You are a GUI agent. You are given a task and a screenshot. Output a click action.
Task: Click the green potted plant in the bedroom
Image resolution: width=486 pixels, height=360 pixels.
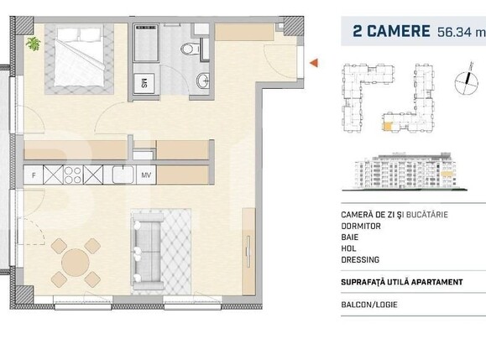coord(34,43)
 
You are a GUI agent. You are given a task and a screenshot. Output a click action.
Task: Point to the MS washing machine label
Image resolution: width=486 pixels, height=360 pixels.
coord(144,82)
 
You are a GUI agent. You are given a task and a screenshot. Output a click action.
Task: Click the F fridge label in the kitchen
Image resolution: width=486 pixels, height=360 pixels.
coord(33,175)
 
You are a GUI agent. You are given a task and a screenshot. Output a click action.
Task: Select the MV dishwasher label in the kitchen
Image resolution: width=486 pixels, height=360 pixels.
coord(144,175)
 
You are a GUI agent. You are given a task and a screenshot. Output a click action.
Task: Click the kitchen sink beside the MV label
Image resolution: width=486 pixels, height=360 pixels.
coord(121,175)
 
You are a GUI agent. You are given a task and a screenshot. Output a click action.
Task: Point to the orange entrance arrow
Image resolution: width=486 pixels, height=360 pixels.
coord(314,63)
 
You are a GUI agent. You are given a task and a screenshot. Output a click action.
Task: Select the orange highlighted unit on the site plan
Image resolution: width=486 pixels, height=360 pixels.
coord(387,127)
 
